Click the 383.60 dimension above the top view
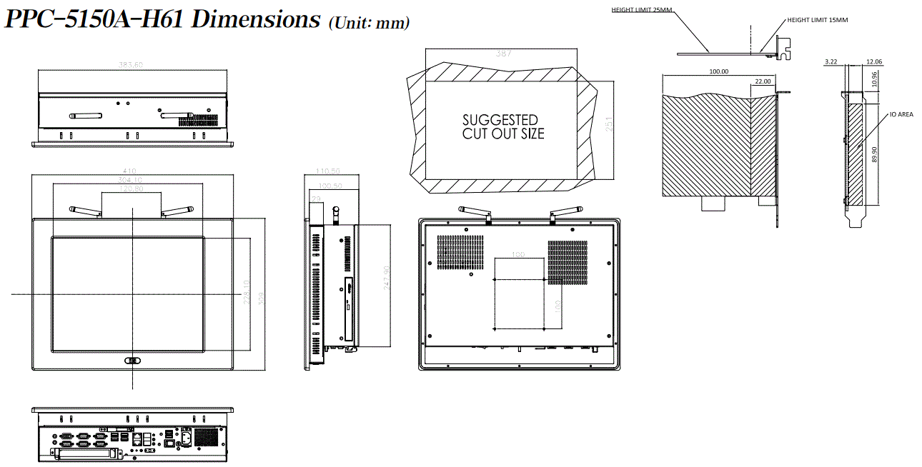tap(131, 65)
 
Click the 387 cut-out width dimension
tap(503, 53)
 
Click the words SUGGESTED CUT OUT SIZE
tap(502, 126)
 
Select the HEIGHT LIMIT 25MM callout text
tap(643, 10)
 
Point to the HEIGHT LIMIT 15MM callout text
tap(817, 20)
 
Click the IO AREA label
tap(901, 114)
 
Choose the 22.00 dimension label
tap(763, 81)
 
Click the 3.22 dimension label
tap(831, 62)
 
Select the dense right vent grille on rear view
tap(567, 261)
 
